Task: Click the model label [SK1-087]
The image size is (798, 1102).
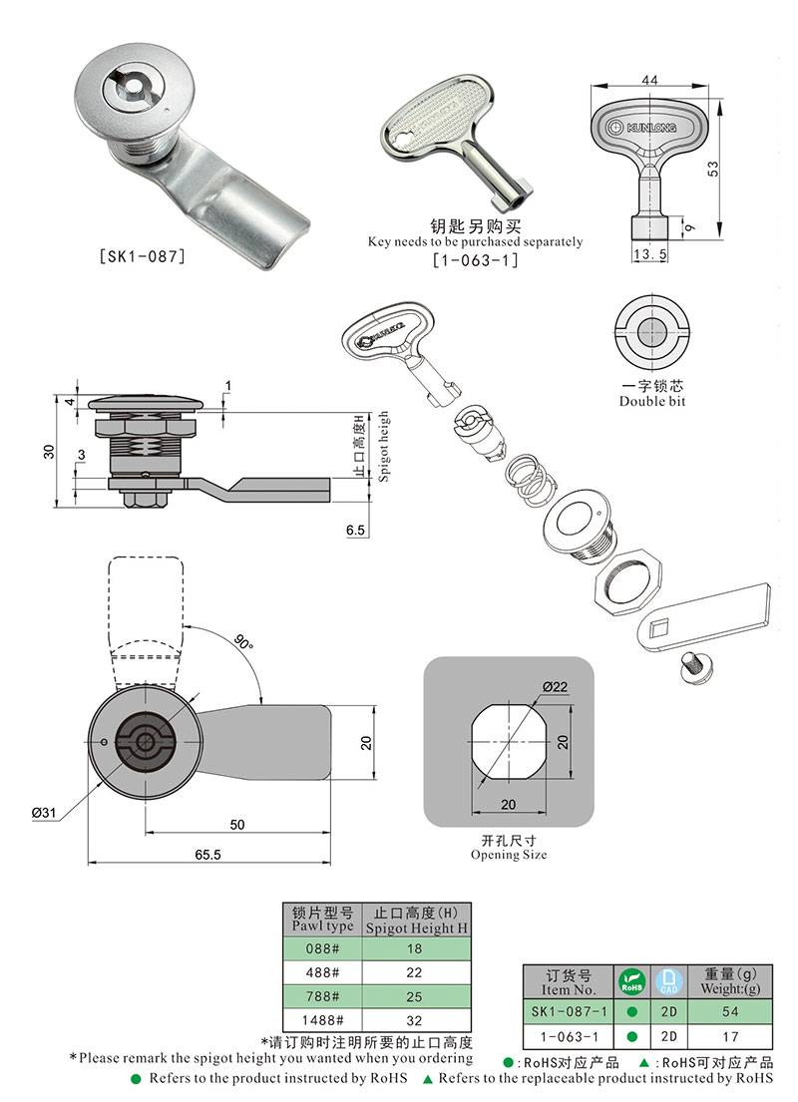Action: (x=143, y=256)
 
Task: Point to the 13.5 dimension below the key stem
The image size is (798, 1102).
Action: (x=649, y=255)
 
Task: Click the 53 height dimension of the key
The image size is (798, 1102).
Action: (x=740, y=171)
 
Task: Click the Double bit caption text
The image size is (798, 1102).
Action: (x=651, y=401)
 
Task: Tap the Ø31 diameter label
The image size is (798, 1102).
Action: (x=46, y=813)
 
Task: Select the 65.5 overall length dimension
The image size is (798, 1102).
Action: (x=207, y=855)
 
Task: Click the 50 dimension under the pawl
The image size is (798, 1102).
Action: (x=237, y=825)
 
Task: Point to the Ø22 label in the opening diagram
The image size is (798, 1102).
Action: (x=556, y=686)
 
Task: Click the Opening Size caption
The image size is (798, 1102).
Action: (x=509, y=855)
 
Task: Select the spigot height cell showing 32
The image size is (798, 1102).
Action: (x=414, y=1020)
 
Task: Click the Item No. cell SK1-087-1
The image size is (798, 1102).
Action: (x=565, y=1011)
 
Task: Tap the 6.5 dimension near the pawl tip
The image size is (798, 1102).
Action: (x=356, y=532)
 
